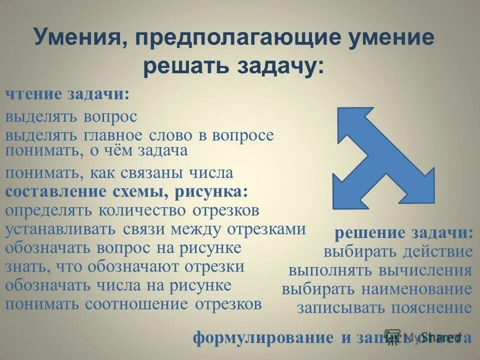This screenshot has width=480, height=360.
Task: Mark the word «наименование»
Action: click(x=425, y=289)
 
